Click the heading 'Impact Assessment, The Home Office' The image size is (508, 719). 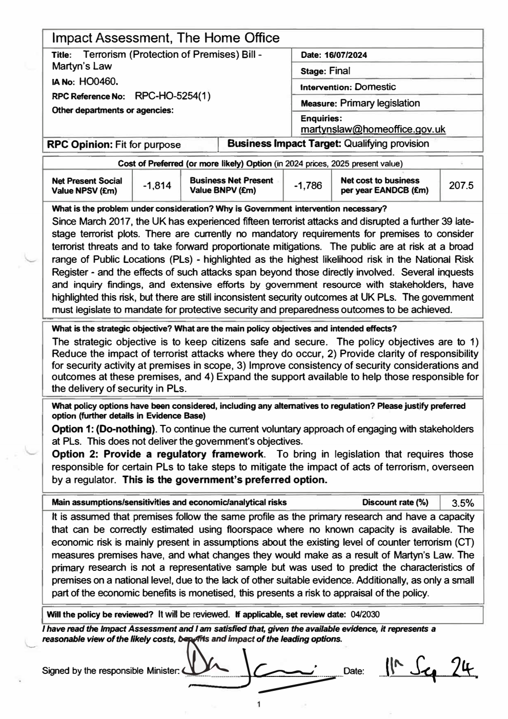pos(166,38)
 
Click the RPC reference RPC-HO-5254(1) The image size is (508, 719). pos(173,96)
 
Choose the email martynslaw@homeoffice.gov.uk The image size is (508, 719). pos(373,129)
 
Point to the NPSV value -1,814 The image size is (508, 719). pos(156,186)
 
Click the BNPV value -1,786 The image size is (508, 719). pos(308,186)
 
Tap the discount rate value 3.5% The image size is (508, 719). pos(462,502)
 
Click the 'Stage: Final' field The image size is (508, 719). pos(326,71)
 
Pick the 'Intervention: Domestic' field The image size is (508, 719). pos(348,87)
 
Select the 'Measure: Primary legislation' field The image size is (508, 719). pos(360,103)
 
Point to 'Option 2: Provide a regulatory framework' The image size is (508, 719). pos(159,454)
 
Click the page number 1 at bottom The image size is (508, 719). pos(259,705)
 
